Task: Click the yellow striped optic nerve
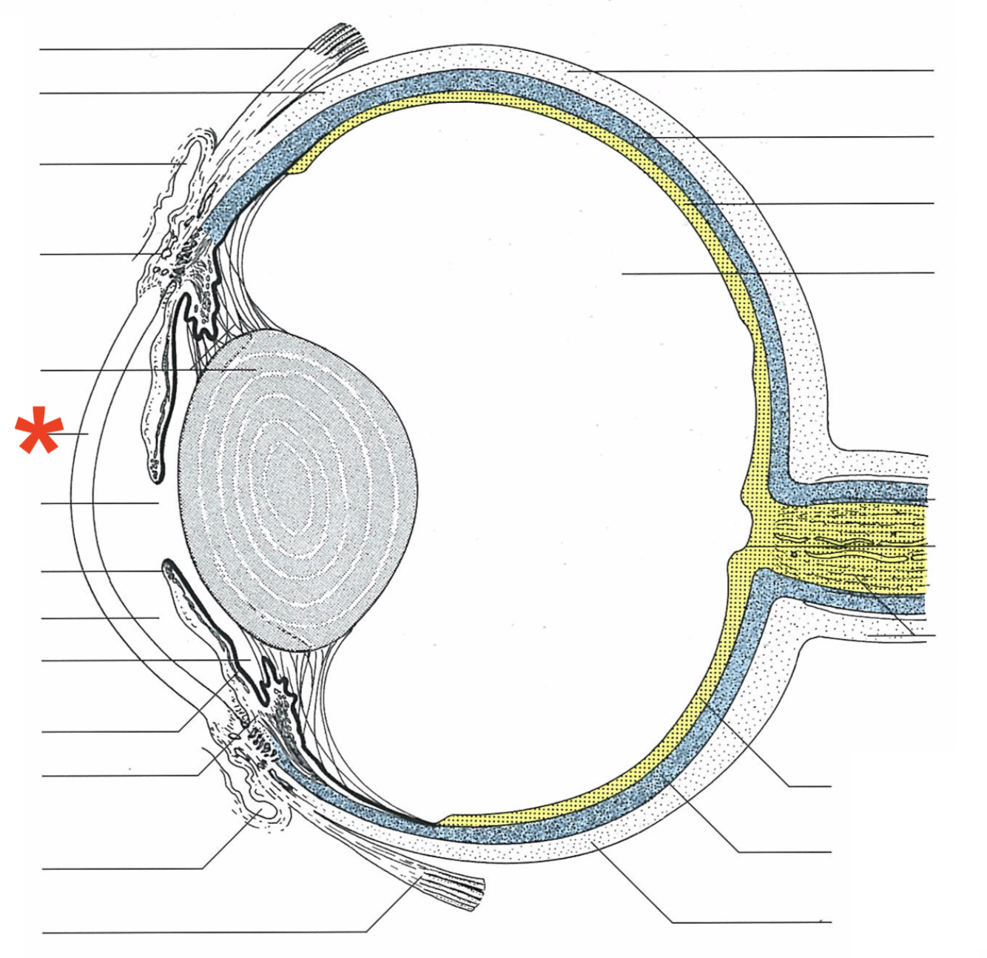[x=851, y=544]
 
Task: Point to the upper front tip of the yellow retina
[x=300, y=170]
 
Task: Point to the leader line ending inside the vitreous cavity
[x=625, y=273]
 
